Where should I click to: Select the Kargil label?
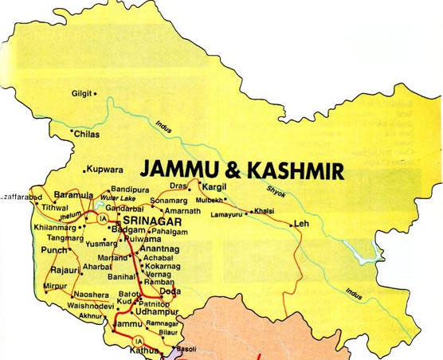(216, 185)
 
